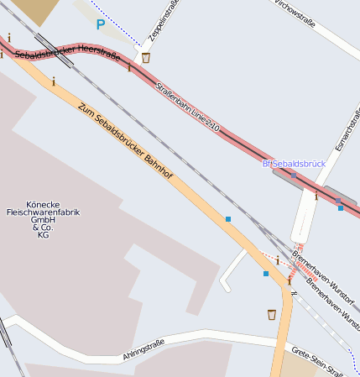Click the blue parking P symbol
[x=101, y=25]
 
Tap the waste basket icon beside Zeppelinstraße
[x=147, y=58]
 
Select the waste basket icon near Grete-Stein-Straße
[x=271, y=314]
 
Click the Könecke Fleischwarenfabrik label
[x=53, y=219]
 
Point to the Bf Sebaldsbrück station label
[x=293, y=163]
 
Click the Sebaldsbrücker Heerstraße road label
[x=67, y=54]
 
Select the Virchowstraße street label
[x=295, y=13]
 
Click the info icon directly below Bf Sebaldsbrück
[x=316, y=196]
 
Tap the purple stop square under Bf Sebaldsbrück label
[x=294, y=175]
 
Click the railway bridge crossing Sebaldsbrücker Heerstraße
[x=46, y=45]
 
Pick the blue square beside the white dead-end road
[x=265, y=274]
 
